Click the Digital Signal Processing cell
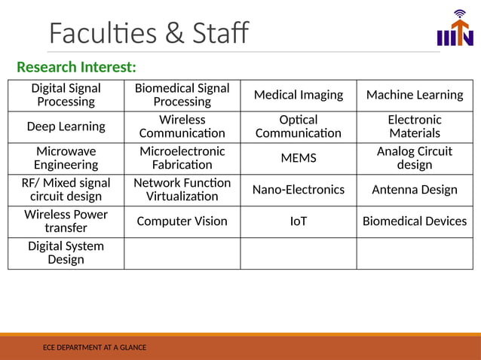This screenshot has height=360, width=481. click(x=66, y=95)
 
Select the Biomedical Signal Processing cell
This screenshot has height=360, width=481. click(x=182, y=95)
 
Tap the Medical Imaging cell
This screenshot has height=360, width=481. click(x=299, y=95)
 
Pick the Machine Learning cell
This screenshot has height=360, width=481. click(x=415, y=95)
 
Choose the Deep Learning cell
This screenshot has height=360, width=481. click(x=66, y=127)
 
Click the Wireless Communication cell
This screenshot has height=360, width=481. click(x=182, y=127)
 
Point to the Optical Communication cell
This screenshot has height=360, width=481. click(x=299, y=127)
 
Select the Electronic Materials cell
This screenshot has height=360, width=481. click(x=415, y=127)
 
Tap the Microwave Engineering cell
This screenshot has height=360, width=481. click(x=66, y=158)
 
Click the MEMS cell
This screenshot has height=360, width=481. click(x=299, y=158)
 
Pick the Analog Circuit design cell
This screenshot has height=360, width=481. click(x=415, y=158)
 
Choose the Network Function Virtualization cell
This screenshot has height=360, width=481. click(x=182, y=190)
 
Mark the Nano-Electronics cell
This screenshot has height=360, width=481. click(x=299, y=190)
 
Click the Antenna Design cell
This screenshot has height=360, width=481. click(x=415, y=190)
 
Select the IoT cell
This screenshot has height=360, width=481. click(x=299, y=221)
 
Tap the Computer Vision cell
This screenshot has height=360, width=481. click(x=182, y=221)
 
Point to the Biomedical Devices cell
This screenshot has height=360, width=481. click(x=415, y=221)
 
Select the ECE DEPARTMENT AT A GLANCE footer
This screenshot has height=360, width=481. click(x=95, y=347)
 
